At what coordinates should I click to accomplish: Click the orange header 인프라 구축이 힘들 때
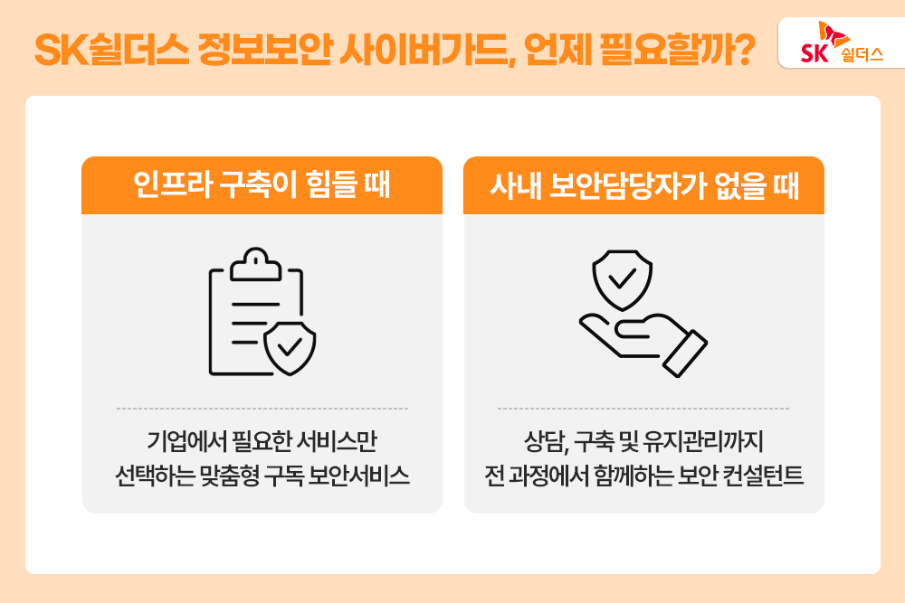click(x=262, y=186)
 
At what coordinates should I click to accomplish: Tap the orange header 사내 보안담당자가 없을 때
click(x=643, y=186)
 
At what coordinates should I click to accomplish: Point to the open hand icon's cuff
click(x=684, y=353)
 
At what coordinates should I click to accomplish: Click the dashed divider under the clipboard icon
click(x=262, y=409)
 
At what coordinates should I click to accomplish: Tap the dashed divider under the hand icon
click(x=643, y=409)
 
